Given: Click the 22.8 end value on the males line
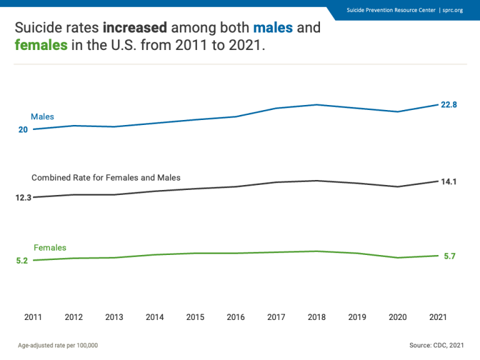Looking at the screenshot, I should [449, 105].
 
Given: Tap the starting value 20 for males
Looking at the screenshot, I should [23, 130].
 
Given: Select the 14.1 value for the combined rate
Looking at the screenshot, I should [449, 182].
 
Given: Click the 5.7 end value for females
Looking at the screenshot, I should [449, 256].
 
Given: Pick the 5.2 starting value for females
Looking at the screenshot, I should [22, 261].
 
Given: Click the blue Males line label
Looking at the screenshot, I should [42, 117].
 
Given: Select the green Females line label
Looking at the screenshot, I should [50, 248].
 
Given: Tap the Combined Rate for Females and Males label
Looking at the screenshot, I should [106, 178].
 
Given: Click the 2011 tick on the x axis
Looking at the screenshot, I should [33, 317].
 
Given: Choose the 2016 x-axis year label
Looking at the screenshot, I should [236, 317].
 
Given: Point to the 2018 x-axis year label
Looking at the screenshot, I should [317, 317].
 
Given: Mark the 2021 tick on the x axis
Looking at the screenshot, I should [438, 317].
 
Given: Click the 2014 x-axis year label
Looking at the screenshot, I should [155, 317].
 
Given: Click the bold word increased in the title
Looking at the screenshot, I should [135, 28].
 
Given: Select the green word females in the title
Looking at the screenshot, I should [41, 46].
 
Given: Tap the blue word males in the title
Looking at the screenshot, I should [272, 28].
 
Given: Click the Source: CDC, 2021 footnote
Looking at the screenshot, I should [436, 345].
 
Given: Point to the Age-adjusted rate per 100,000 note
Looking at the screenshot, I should [57, 345].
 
